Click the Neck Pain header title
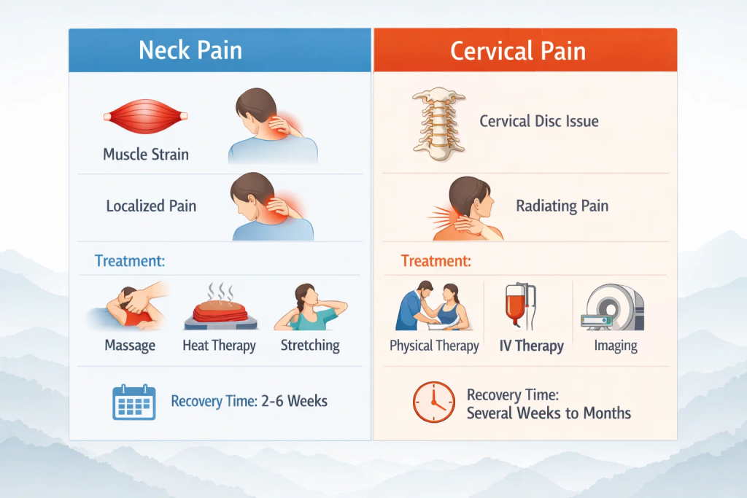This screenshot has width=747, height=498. point(190,51)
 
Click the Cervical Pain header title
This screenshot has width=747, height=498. point(518,51)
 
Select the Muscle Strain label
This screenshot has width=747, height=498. point(146,155)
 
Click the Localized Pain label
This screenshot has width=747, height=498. point(151,206)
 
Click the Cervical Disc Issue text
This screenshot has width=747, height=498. point(539,121)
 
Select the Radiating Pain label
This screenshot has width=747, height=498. point(562,206)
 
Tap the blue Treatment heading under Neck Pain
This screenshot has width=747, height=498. point(129,260)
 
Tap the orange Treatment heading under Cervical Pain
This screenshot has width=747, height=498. point(436,260)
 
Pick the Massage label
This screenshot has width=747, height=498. point(131,345)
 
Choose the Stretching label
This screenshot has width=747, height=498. point(310,345)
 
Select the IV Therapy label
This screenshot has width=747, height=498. point(532,346)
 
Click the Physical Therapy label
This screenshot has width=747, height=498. point(434,346)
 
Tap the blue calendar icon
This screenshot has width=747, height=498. point(133,402)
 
